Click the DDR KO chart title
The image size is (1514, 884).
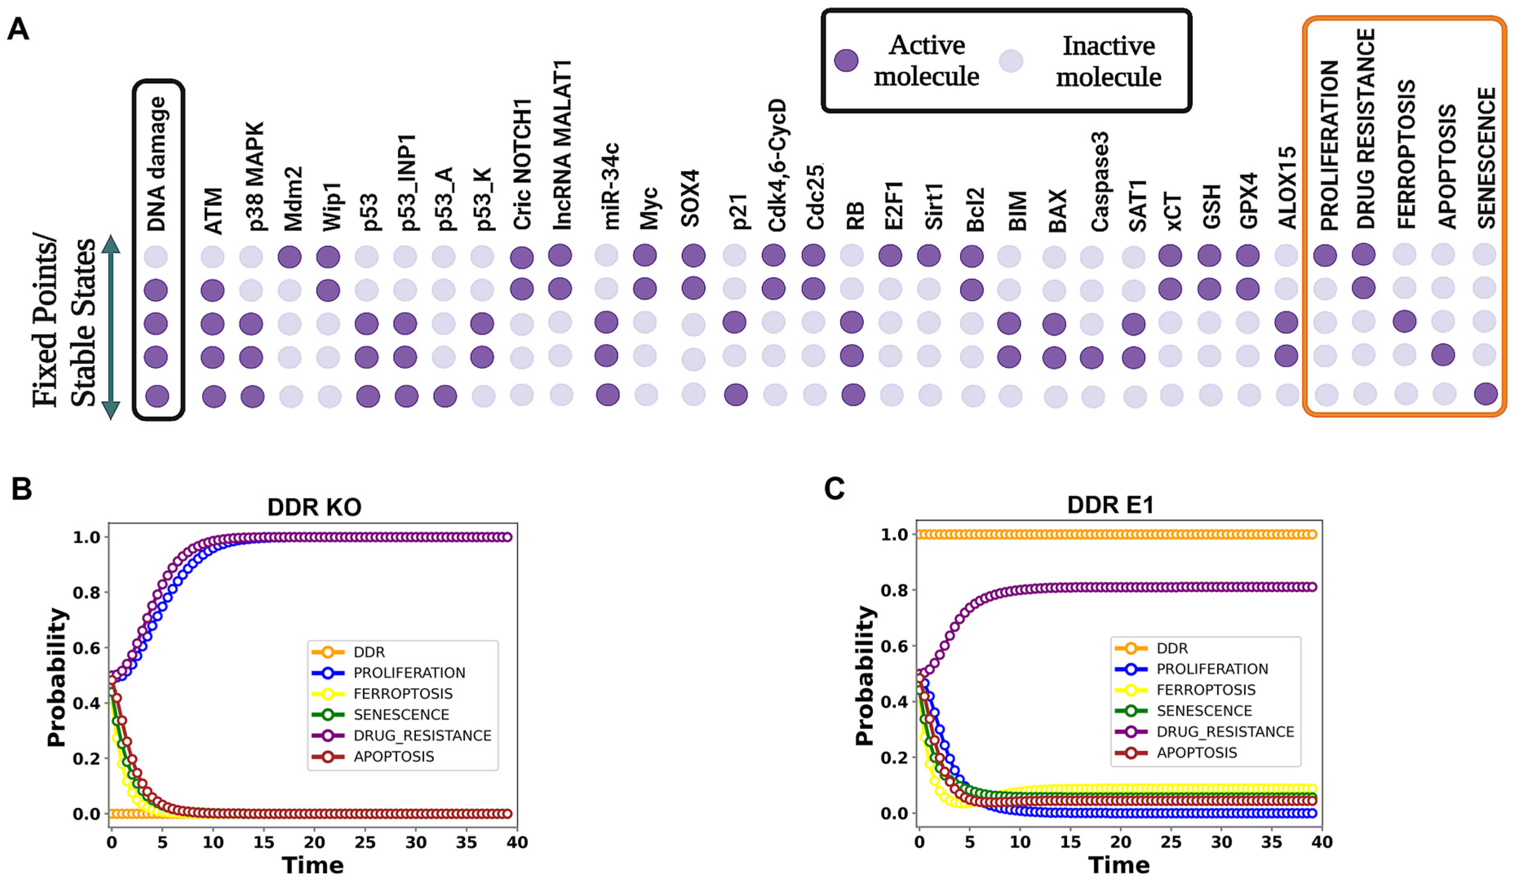[314, 507]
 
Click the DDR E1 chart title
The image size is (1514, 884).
[1110, 505]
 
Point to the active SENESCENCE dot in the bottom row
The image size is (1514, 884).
[1485, 394]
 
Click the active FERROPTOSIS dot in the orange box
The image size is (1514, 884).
[1404, 321]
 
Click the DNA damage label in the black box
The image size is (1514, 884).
[157, 164]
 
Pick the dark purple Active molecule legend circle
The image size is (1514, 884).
[846, 61]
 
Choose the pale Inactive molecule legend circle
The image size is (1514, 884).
[1011, 61]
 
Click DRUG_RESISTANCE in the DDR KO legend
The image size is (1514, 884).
[422, 736]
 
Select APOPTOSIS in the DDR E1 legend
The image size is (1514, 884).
[1197, 752]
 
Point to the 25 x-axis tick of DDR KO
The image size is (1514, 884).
[365, 842]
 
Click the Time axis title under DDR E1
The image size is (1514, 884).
[1119, 865]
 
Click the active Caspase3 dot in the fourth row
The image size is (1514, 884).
[1091, 358]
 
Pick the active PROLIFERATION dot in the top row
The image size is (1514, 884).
[1325, 255]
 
